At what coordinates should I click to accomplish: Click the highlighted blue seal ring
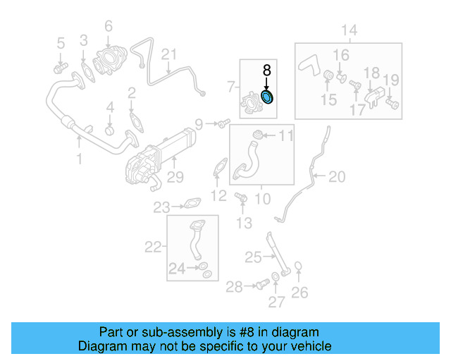(268, 96)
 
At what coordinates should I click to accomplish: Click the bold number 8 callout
(266, 71)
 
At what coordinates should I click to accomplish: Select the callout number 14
(350, 30)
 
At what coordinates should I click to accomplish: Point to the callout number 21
(169, 54)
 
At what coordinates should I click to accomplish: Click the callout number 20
(337, 176)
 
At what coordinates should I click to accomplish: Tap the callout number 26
(299, 292)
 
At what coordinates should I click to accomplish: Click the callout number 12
(218, 195)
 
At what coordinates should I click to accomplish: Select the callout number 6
(109, 27)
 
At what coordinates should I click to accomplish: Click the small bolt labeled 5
(59, 68)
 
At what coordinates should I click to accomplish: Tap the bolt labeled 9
(223, 125)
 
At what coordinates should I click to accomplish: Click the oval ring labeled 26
(299, 267)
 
